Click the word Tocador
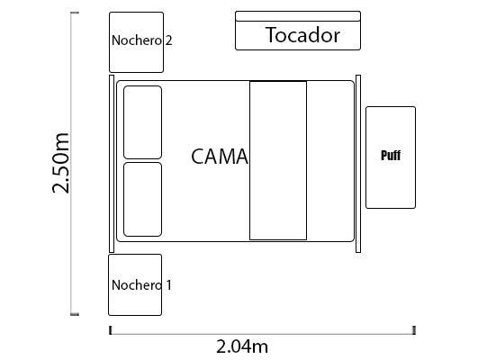302,35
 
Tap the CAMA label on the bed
220,157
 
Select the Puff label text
391,156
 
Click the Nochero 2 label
141,40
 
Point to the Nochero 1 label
141,285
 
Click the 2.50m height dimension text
60,163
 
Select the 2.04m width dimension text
242,346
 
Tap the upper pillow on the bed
142,122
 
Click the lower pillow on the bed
142,200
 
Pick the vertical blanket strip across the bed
278,160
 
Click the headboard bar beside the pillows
112,164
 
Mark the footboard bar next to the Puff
358,164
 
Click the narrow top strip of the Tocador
298,16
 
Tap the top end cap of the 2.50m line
75,13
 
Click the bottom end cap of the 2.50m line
75,314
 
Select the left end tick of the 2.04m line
110,330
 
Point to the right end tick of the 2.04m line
414,330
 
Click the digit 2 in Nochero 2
168,40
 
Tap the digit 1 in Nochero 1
168,285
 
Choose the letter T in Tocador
272,34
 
